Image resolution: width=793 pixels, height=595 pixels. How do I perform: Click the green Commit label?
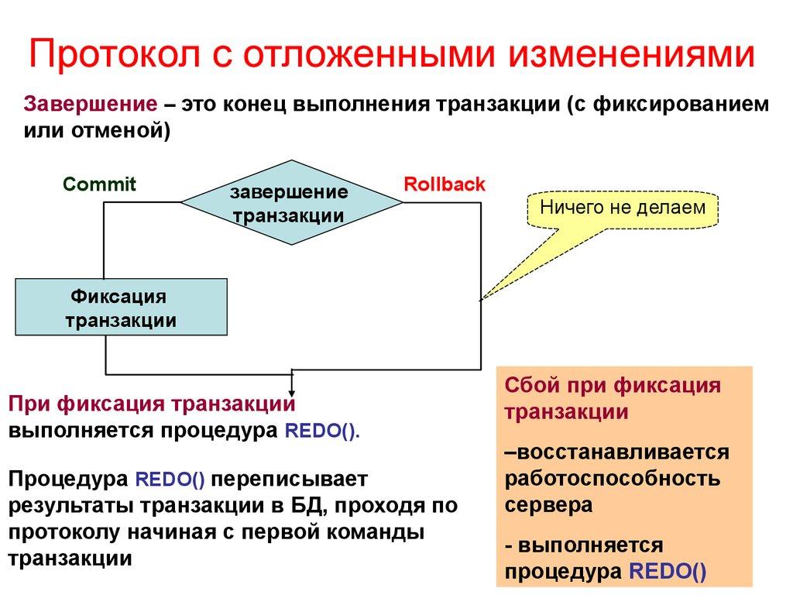(99, 184)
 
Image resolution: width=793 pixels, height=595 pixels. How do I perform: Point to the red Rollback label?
(445, 184)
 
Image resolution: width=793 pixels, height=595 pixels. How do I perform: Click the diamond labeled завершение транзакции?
(291, 203)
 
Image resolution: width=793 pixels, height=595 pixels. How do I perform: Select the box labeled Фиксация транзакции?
(121, 308)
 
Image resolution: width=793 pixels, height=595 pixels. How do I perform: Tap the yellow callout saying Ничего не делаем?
(623, 208)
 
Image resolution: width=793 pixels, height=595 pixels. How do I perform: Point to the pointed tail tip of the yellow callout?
(482, 298)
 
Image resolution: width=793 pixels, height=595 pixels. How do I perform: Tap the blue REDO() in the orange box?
(668, 572)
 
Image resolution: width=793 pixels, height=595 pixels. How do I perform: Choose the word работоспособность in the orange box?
(613, 478)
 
